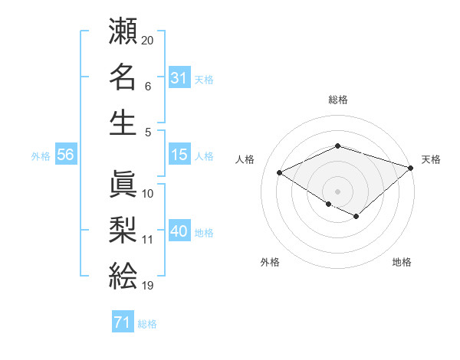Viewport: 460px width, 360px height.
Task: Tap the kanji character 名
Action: pos(123,77)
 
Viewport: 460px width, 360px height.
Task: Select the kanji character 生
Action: pos(123,123)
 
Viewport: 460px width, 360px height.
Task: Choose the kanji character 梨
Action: pos(123,229)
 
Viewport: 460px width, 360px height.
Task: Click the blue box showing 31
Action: pos(179,78)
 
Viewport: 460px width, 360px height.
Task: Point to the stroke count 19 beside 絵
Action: pos(148,286)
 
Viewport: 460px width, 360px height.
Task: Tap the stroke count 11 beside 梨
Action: pos(148,240)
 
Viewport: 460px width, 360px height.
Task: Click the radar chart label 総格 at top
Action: pos(337,100)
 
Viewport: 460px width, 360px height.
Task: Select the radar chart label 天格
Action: pos(431,159)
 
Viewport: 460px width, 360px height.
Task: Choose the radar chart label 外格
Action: pos(270,262)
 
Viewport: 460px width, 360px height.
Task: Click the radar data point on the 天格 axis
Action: pos(412,167)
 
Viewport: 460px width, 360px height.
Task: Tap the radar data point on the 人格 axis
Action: pos(280,172)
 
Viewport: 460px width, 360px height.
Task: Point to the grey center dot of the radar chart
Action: pos(337,191)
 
